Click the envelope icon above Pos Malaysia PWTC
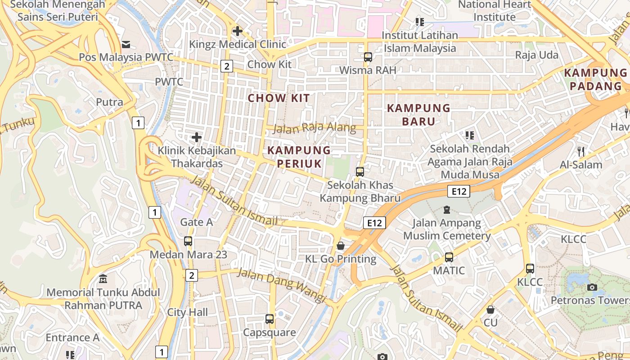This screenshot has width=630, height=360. click(126, 44)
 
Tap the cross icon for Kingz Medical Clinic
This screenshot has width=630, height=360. click(237, 31)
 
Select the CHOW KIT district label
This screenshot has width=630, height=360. click(279, 98)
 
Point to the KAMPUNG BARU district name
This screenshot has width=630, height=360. click(418, 115)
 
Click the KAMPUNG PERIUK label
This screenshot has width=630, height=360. click(299, 157)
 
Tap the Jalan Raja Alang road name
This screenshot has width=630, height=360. click(315, 128)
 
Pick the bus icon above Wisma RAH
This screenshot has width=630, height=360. click(368, 57)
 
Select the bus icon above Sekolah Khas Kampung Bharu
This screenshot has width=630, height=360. click(360, 171)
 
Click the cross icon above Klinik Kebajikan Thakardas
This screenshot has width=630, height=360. click(196, 137)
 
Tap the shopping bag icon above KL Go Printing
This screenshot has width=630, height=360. click(341, 246)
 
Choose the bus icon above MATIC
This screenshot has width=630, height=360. click(449, 257)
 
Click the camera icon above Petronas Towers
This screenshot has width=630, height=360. click(592, 287)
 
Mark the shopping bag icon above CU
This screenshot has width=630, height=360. click(490, 310)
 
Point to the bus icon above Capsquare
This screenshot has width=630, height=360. click(269, 319)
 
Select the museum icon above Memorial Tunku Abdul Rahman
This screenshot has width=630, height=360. click(103, 279)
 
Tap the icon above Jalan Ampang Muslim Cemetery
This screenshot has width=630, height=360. click(446, 210)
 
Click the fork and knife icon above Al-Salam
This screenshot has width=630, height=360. click(581, 151)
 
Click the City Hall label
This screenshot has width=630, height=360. click(188, 312)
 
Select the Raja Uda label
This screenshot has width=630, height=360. click(536, 55)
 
